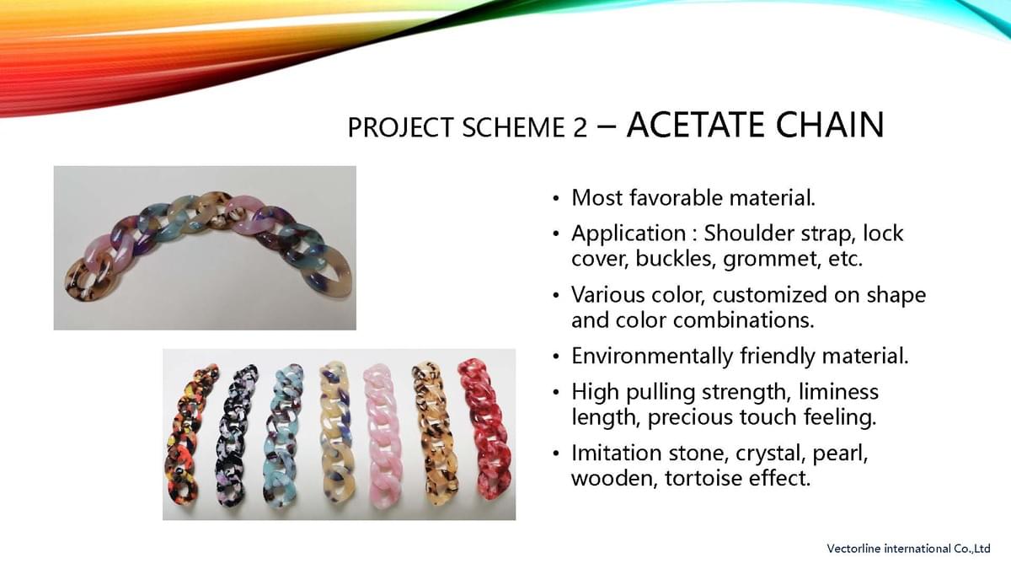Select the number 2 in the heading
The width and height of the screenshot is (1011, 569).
coord(580,127)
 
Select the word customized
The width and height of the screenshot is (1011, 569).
coord(769,295)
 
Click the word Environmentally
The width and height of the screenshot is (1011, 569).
coord(653,357)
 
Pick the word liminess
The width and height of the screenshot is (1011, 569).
coord(838,391)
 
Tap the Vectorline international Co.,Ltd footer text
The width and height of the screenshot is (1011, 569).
coord(908,549)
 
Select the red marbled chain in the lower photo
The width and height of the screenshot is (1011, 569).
coord(485,429)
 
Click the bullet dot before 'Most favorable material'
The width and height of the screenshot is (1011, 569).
coord(556,199)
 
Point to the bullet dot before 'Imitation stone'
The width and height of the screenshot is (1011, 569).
coord(556,454)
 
